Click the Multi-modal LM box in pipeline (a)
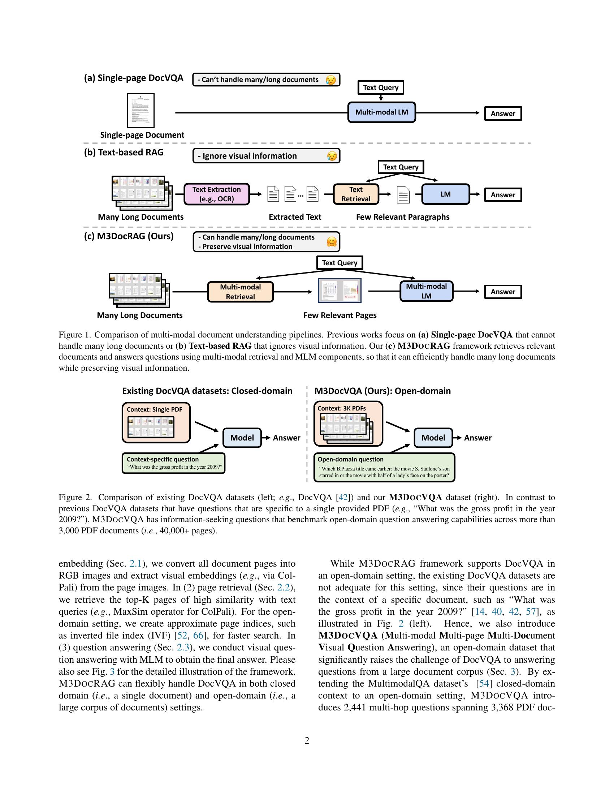click(381, 112)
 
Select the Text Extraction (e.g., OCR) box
click(216, 194)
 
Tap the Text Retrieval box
click(356, 194)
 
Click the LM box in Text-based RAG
click(446, 194)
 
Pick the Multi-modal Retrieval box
click(240, 292)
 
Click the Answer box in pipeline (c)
click(503, 292)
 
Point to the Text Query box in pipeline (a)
click(380, 87)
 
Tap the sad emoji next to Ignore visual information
click(331, 156)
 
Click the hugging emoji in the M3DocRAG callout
click(331, 242)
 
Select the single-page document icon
click(141, 110)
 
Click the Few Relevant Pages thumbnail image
click(340, 290)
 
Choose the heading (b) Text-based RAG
click(124, 152)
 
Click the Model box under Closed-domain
click(242, 438)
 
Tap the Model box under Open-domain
click(433, 438)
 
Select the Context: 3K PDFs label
click(342, 408)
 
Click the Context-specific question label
click(163, 459)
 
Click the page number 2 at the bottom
click(307, 740)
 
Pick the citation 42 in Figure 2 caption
click(343, 497)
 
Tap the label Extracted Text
click(295, 217)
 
